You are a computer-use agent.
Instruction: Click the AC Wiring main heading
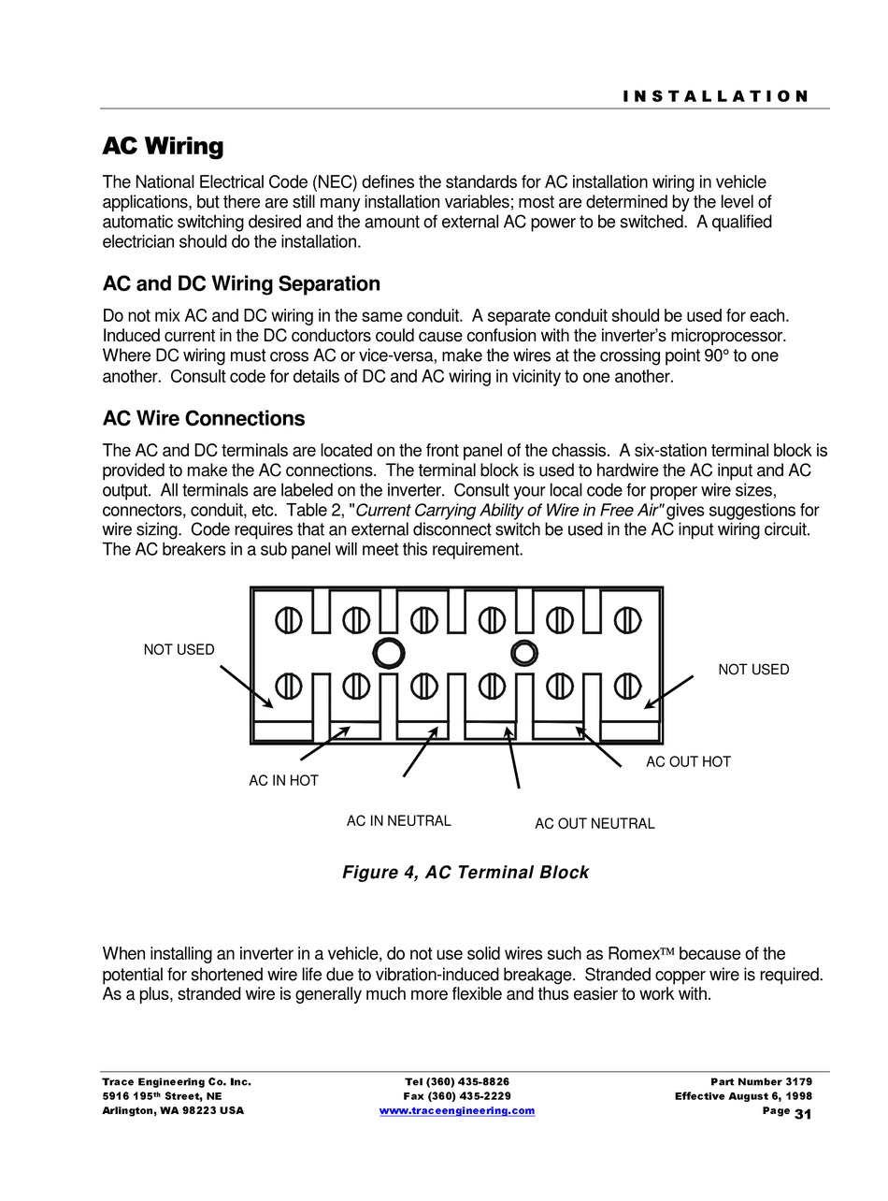(163, 146)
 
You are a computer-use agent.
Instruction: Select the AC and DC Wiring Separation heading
(241, 283)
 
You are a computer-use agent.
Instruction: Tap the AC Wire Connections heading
(204, 418)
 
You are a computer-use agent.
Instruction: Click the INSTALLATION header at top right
(716, 96)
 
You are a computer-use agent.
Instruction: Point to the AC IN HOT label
(283, 780)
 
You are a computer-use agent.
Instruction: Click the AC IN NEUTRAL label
(398, 820)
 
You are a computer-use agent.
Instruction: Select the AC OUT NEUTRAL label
(594, 823)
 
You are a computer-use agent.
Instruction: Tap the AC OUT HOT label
(688, 761)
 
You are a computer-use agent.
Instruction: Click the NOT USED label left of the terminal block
(179, 649)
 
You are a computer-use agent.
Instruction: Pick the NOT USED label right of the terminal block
(753, 669)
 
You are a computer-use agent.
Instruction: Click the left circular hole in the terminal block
(388, 653)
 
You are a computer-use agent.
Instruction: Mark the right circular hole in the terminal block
(524, 653)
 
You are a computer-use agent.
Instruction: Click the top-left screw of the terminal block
(288, 619)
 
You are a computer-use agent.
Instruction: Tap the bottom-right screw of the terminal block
(627, 687)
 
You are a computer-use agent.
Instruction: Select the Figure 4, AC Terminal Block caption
(465, 872)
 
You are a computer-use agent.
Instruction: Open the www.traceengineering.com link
(457, 1110)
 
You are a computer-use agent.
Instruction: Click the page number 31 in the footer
(803, 1113)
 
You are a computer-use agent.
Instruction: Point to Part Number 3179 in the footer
(761, 1081)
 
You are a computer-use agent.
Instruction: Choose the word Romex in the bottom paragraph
(634, 954)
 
